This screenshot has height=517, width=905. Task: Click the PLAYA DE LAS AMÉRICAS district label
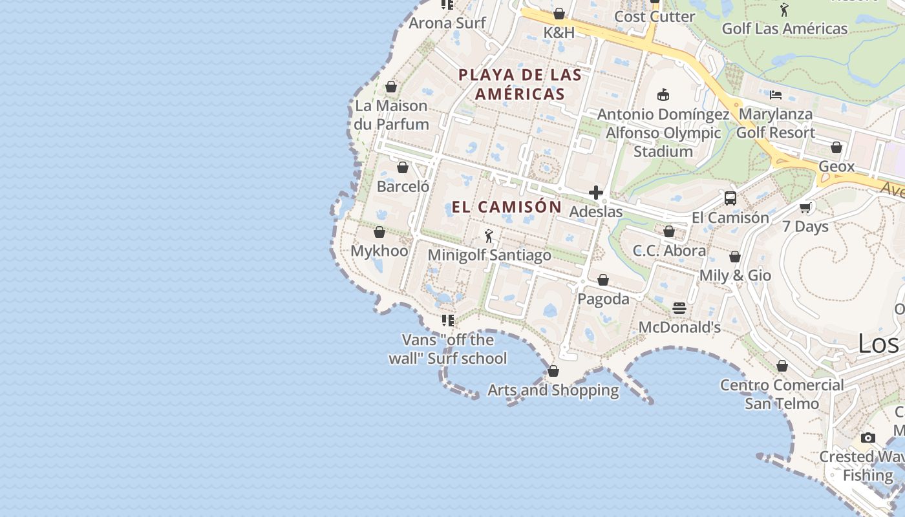click(x=520, y=84)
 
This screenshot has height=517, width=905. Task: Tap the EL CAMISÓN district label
click(x=506, y=207)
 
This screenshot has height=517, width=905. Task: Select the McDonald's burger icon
click(x=679, y=308)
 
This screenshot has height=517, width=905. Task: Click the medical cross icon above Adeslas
click(x=596, y=193)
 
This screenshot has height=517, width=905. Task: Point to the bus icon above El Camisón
click(x=730, y=198)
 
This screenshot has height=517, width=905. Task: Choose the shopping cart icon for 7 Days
click(x=805, y=207)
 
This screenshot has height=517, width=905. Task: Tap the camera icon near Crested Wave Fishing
click(x=868, y=438)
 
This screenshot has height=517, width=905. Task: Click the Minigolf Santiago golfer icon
click(x=489, y=237)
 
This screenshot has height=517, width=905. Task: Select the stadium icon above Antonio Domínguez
click(x=663, y=95)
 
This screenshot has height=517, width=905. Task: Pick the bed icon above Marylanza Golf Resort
click(x=776, y=94)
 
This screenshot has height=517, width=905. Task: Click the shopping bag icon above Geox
click(x=836, y=147)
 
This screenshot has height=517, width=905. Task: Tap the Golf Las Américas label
click(x=785, y=28)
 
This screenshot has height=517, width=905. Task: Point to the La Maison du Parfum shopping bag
click(x=391, y=87)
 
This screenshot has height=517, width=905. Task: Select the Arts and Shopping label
click(x=553, y=390)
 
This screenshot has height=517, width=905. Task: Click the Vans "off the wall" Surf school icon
click(x=447, y=320)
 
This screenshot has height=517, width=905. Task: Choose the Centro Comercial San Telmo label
click(x=782, y=394)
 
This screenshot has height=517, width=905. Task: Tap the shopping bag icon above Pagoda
click(x=603, y=280)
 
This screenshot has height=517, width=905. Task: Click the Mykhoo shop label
click(x=379, y=251)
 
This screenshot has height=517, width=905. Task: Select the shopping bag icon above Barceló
click(x=403, y=167)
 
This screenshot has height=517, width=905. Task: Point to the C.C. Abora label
click(x=669, y=251)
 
